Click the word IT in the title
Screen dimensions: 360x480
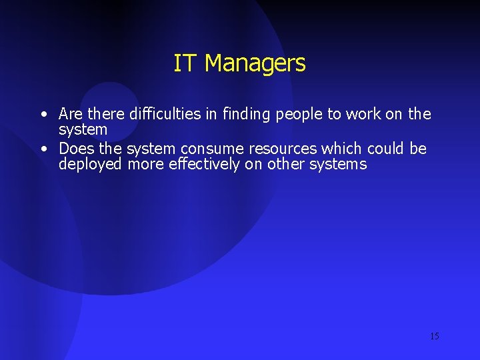tap(186, 63)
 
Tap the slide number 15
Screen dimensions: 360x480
tap(434, 336)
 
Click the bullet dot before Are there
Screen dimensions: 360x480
tap(43, 115)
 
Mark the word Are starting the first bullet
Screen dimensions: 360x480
tap(71, 114)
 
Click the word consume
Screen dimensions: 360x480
tap(209, 148)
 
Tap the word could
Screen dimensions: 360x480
tap(385, 148)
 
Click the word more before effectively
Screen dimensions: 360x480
tap(143, 164)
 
